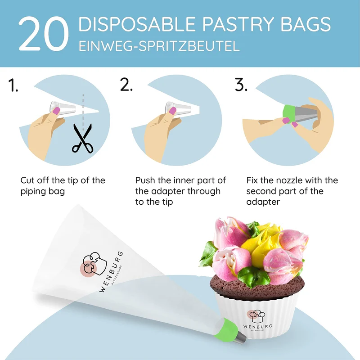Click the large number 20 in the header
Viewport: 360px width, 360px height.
click(44, 34)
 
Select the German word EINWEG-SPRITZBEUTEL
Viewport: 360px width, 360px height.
click(159, 46)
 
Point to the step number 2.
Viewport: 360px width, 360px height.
click(126, 85)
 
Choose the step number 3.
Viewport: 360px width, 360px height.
click(241, 85)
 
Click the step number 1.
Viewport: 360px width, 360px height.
click(13, 85)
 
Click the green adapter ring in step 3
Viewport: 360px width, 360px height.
click(289, 114)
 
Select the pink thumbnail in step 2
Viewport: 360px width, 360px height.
click(172, 111)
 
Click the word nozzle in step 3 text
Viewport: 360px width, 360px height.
click(289, 180)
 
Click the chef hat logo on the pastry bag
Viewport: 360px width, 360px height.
click(94, 264)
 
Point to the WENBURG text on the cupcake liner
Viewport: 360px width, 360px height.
click(257, 326)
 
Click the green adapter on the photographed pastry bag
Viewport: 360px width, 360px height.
click(225, 329)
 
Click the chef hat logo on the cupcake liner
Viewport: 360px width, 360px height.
click(256, 316)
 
